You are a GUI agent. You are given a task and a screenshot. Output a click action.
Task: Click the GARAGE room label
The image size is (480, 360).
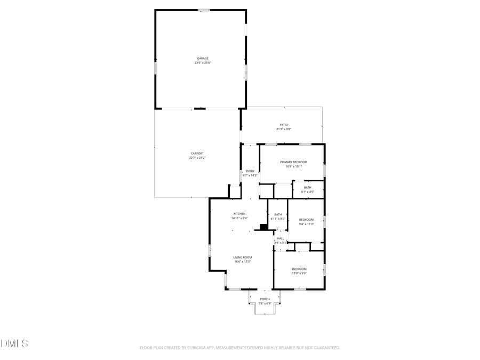(203, 58)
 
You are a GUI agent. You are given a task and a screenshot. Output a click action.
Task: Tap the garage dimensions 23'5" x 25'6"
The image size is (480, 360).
(203, 63)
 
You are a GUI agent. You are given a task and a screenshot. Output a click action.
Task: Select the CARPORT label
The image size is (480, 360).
(197, 153)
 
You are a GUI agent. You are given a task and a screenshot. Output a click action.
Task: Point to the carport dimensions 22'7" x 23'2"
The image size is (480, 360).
(197, 158)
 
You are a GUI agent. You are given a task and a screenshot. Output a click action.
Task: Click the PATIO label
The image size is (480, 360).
(284, 124)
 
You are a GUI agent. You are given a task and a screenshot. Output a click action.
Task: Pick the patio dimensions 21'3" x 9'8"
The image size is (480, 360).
(284, 129)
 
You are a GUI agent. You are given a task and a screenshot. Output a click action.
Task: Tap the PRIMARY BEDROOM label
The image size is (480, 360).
(294, 162)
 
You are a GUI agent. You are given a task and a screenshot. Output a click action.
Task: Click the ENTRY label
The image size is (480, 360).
(250, 171)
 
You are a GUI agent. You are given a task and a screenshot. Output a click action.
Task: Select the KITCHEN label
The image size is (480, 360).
(239, 213)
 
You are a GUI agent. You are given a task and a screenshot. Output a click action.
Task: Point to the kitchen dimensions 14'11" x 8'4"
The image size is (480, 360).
(239, 218)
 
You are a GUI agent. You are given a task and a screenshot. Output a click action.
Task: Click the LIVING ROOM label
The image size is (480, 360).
(243, 257)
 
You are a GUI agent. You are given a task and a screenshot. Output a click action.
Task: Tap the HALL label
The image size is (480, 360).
(281, 238)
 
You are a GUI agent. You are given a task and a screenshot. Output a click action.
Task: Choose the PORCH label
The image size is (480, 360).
(265, 299)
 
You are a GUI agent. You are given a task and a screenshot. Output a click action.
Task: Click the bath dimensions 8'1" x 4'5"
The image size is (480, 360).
(308, 192)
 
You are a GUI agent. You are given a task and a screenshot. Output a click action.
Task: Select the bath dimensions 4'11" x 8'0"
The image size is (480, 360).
(278, 219)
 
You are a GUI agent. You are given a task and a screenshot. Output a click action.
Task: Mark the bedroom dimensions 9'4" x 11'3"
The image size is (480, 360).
(306, 224)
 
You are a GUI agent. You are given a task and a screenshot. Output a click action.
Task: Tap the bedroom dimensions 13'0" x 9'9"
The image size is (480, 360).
(299, 273)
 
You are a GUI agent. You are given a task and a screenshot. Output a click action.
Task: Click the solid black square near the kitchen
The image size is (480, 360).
(263, 227)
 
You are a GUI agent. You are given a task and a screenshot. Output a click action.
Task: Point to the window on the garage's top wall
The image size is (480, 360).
(203, 10)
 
